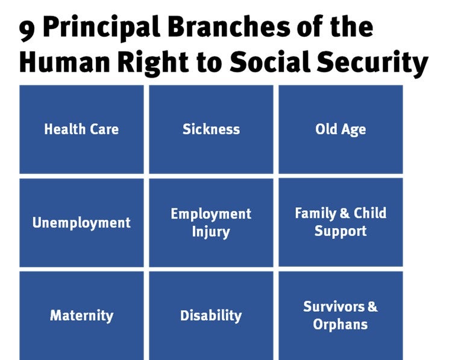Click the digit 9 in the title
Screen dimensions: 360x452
click(x=27, y=29)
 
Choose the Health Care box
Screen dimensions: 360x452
click(x=81, y=129)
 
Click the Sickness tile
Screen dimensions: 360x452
click(x=211, y=129)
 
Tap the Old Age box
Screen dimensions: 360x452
click(x=341, y=129)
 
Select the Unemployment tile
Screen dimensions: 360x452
click(x=81, y=223)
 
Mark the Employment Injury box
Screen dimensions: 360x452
click(x=211, y=223)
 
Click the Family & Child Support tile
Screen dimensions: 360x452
click(x=341, y=222)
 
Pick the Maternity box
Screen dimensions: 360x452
click(x=81, y=315)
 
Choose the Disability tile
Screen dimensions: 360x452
click(x=211, y=315)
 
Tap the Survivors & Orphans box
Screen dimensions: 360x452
click(x=341, y=315)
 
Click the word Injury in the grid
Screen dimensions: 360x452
click(x=211, y=232)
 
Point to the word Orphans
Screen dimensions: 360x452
click(x=341, y=324)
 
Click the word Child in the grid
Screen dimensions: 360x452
click(x=370, y=213)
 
